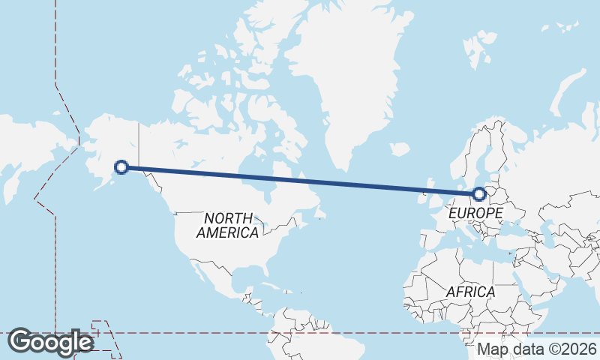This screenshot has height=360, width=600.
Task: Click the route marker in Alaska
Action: tap(121, 167)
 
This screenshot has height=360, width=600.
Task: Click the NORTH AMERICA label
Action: tap(227, 225)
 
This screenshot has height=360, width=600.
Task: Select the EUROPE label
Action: tap(475, 214)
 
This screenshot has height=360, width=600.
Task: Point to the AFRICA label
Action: tap(470, 291)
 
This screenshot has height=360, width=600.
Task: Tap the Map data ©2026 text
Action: tap(537, 349)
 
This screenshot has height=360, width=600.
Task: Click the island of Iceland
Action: tap(399, 149)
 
